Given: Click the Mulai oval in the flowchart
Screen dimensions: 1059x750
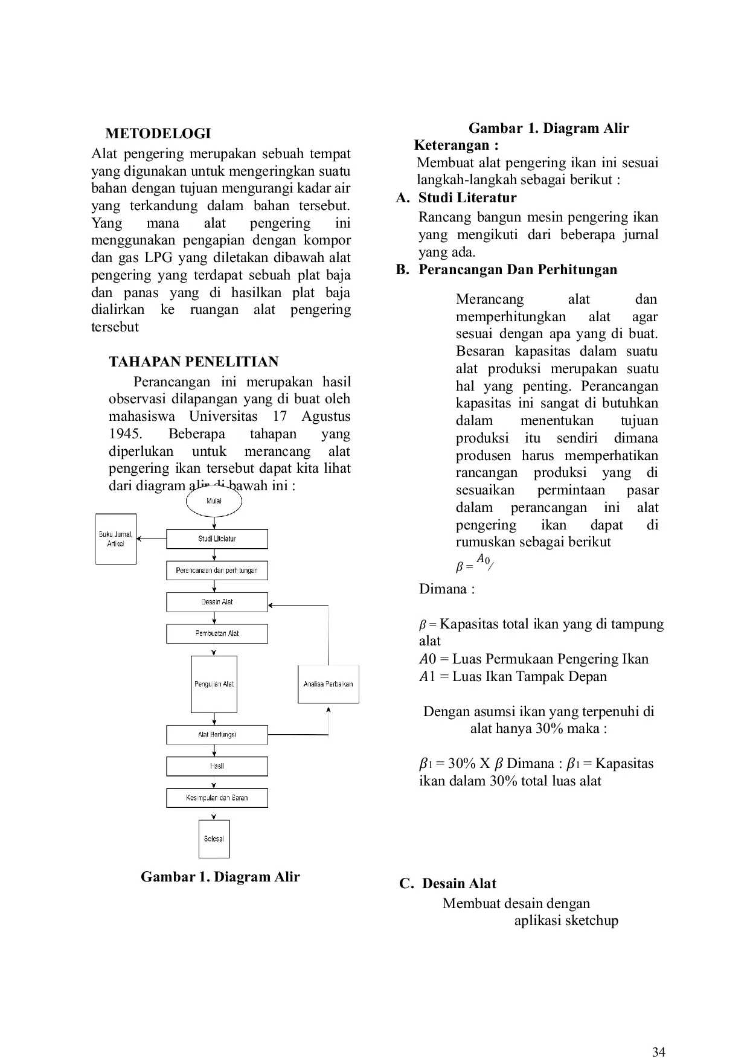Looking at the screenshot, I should coord(214,501).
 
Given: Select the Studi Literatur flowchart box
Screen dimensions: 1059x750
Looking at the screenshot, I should coord(217,539).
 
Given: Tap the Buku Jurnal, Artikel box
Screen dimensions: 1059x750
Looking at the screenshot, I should coord(116,539).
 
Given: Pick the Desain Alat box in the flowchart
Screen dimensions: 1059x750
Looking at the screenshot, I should coord(217,602).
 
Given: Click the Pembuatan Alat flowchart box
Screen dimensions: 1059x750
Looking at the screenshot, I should coord(217,633).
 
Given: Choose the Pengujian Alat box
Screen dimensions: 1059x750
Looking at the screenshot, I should coord(214,684).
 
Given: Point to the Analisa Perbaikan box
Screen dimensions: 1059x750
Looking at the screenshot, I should coord(328,684).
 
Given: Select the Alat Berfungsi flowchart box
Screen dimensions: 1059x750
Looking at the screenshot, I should coord(217,735).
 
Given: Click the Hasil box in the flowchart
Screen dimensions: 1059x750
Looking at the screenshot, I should coord(217,766).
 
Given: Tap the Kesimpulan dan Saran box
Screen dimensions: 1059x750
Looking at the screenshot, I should coord(217,798).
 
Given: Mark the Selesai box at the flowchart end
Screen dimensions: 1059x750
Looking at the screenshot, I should coord(214,839).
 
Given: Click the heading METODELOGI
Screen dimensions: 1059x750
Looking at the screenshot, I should coord(158,133).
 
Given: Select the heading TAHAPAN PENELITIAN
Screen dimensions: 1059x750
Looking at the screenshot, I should coord(193,362).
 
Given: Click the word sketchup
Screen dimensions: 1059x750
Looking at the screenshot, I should coord(592,921).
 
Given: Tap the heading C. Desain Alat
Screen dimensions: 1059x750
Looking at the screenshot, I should coord(447,884).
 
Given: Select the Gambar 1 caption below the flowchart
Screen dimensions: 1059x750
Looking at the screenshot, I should coord(220,877).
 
